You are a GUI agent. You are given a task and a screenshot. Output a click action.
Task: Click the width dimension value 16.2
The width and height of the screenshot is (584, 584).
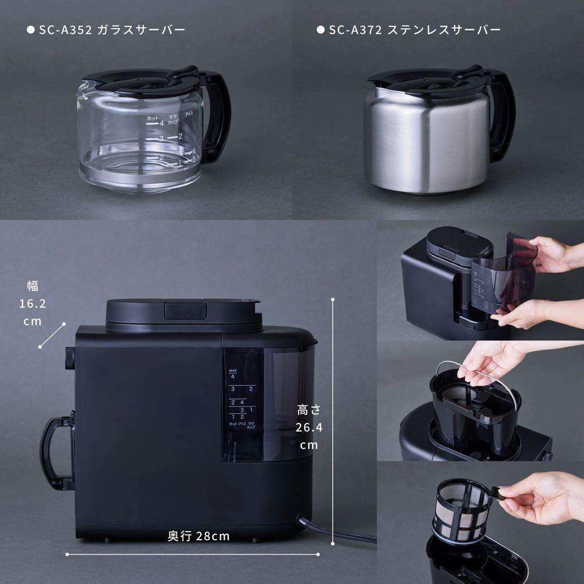click(32, 303)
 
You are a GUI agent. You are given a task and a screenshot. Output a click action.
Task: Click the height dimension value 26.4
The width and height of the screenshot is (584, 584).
click(309, 428)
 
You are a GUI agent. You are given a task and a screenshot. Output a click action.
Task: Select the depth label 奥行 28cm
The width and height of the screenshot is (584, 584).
click(198, 536)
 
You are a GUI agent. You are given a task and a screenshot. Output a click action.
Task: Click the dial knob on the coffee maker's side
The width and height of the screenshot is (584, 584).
click(69, 357)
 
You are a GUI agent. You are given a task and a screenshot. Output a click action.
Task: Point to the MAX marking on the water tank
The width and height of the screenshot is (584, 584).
click(233, 370)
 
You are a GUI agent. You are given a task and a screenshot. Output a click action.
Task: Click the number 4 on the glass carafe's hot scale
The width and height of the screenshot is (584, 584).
click(161, 123)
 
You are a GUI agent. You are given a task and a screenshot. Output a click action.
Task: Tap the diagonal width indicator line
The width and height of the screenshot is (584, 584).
click(52, 335)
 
